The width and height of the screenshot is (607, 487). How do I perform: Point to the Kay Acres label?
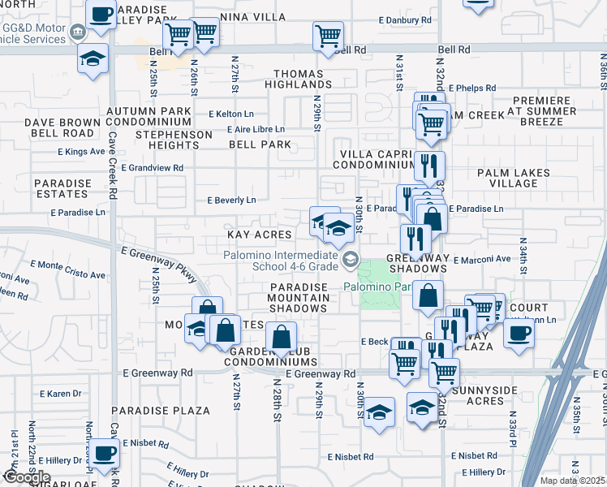[x=260, y=235]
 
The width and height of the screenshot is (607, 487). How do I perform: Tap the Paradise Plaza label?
[x=161, y=411]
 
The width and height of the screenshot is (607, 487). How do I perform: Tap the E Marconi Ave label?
[x=482, y=260]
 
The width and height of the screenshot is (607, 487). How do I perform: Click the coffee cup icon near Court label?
[x=519, y=332]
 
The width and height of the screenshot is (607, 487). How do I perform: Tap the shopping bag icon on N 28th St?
[x=281, y=337]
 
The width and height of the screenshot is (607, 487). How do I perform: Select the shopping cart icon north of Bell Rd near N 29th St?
[x=328, y=36]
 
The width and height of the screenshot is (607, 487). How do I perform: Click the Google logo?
[x=27, y=477]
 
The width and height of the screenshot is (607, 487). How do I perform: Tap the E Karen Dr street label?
[x=66, y=394]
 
